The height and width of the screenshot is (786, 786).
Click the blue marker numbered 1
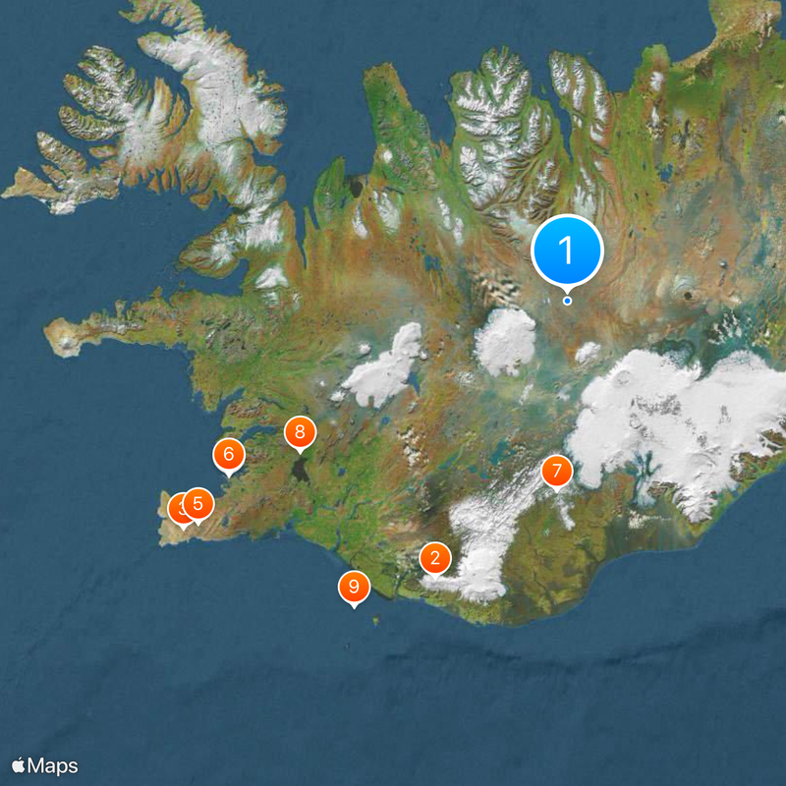567,251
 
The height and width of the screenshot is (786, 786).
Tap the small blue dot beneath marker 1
567,301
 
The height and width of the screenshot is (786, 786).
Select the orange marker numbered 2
434,558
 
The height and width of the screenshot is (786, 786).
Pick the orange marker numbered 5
197,504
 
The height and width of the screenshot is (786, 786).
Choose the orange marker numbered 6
228,454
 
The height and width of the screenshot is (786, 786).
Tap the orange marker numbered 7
556,472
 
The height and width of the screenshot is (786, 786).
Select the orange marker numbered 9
353,588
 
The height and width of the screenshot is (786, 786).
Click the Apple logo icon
19,765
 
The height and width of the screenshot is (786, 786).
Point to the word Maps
53,765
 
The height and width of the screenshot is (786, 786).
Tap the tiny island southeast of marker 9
376,620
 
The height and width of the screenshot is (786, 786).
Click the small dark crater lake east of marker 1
686,295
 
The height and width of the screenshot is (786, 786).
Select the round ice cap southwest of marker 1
505,341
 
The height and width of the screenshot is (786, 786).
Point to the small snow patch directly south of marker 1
588,352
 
